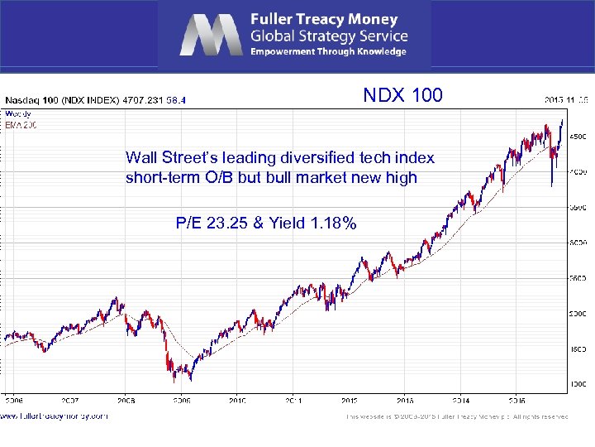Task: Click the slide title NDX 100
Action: click(402, 95)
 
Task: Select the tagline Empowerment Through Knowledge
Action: click(328, 51)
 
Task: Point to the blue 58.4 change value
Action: click(176, 100)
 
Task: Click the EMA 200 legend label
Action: click(20, 125)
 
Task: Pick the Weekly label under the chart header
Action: click(17, 113)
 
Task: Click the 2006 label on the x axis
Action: click(15, 400)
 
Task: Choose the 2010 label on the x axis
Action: click(237, 400)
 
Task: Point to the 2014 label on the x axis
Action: click(459, 400)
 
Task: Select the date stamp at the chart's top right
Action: click(566, 100)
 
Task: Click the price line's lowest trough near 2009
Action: click(174, 382)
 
